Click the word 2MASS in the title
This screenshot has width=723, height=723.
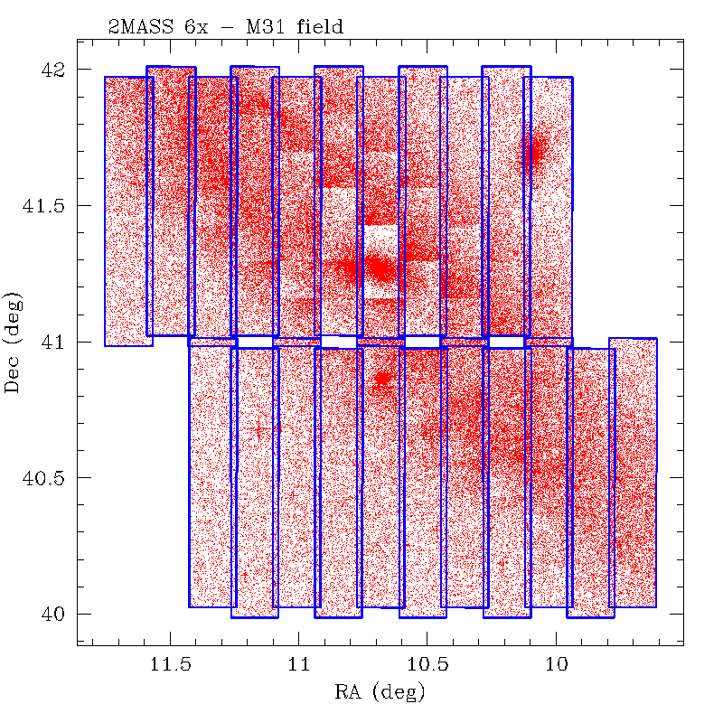tap(147, 28)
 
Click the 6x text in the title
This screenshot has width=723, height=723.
tap(195, 28)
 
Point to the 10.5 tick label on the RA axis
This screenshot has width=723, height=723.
tap(427, 666)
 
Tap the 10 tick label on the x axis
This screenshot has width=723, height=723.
tap(556, 666)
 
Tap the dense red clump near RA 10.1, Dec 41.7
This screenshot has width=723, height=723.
tap(535, 150)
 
